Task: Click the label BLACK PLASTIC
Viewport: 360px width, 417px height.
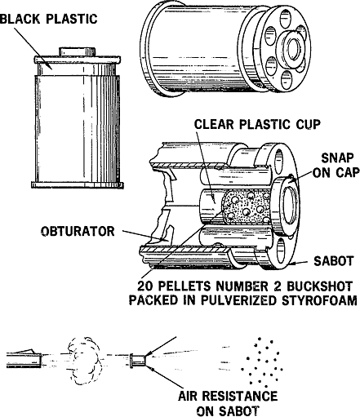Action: coord(48,19)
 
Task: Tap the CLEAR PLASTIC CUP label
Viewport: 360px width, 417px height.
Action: coord(257,124)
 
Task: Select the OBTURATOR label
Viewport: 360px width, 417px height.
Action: coord(78,232)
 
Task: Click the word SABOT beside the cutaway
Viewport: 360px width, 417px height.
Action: coord(333,261)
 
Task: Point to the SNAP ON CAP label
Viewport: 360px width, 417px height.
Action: coord(336,165)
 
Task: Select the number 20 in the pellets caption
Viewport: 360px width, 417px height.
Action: coord(144,286)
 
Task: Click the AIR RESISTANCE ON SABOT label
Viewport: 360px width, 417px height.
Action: coord(228,404)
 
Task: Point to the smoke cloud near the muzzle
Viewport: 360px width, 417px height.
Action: coord(83,361)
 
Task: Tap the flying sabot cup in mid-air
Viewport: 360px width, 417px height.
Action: coord(138,361)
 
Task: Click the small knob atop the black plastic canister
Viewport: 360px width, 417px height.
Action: coord(78,51)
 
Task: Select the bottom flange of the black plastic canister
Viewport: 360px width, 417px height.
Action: coord(78,185)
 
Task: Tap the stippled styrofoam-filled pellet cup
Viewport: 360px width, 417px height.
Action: coord(247,207)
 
